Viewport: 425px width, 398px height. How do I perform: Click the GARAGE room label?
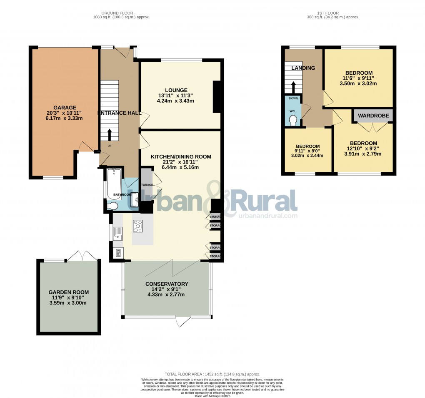point(62,108)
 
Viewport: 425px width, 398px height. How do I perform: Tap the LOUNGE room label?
point(176,90)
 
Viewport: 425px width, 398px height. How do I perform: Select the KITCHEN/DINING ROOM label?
point(181,156)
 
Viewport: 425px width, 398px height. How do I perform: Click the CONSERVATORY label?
point(167,284)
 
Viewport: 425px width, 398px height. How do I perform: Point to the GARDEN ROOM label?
point(69,292)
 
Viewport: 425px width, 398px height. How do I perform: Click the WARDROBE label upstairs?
point(373,116)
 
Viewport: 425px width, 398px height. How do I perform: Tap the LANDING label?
point(303,68)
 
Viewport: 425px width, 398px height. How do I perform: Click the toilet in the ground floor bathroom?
point(112,206)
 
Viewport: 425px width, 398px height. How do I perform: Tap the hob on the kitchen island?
point(137,226)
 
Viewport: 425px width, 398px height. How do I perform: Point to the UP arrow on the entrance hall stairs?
point(110,135)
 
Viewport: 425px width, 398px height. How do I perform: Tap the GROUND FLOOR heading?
point(121,13)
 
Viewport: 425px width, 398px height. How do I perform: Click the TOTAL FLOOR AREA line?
point(212,375)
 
